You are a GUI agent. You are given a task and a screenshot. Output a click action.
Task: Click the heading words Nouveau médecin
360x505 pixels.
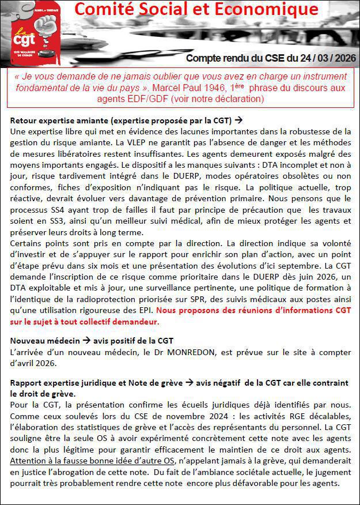tap(40, 341)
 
